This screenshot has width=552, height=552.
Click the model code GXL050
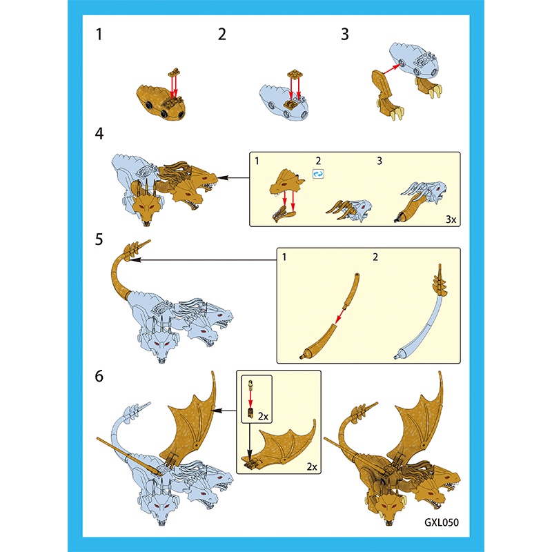pyautogui.click(x=442, y=522)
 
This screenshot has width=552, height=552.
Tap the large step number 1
pyautogui.click(x=99, y=34)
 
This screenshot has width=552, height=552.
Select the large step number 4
pyautogui.click(x=99, y=134)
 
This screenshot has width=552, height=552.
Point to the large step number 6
pyautogui.click(x=99, y=376)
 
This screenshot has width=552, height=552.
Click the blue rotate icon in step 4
pyautogui.click(x=318, y=174)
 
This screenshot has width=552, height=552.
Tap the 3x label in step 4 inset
pyautogui.click(x=451, y=219)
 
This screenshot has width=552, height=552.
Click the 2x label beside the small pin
pyautogui.click(x=263, y=417)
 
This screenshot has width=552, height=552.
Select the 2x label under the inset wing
pyautogui.click(x=312, y=467)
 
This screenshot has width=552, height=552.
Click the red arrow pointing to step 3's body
pyautogui.click(x=390, y=69)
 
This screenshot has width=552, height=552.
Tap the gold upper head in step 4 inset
pyautogui.click(x=284, y=181)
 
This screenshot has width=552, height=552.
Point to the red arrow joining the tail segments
pyautogui.click(x=341, y=316)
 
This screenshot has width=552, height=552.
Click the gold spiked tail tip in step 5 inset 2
pyautogui.click(x=440, y=282)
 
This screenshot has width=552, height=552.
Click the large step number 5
pyautogui.click(x=99, y=239)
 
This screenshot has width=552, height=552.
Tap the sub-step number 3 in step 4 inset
pyautogui.click(x=379, y=161)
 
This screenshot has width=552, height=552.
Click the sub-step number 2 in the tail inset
pyautogui.click(x=375, y=257)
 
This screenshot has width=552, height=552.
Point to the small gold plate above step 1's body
pyautogui.click(x=175, y=72)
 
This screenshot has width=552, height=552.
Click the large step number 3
pyautogui.click(x=345, y=34)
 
